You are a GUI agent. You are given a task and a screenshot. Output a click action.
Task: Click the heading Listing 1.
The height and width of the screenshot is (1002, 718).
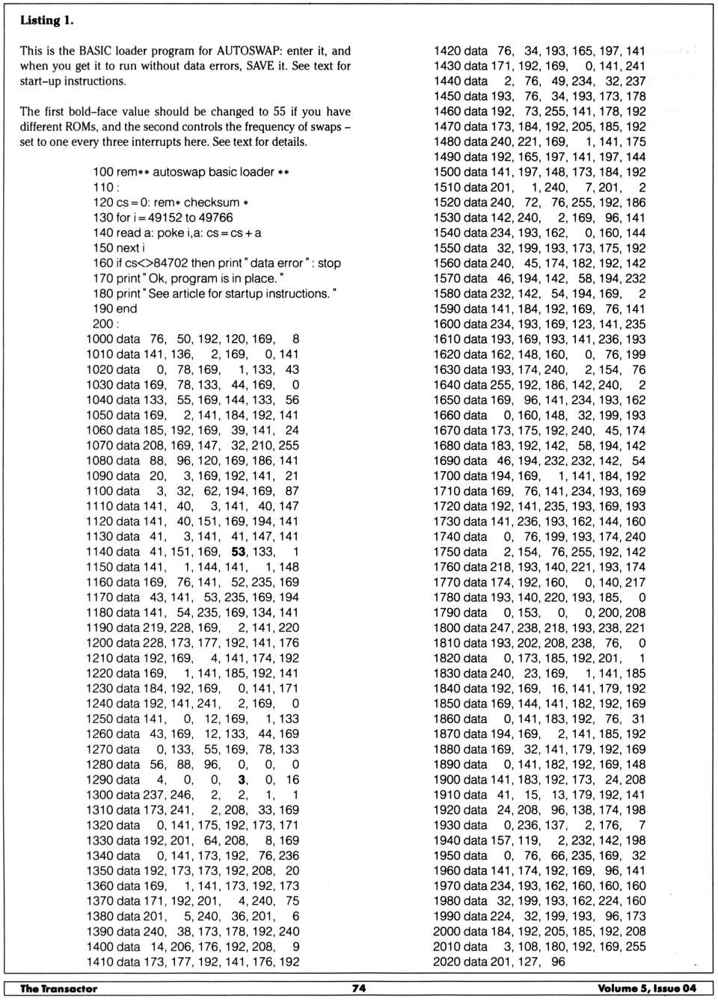(46, 20)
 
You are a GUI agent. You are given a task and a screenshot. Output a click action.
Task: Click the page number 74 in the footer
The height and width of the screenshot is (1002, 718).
(359, 988)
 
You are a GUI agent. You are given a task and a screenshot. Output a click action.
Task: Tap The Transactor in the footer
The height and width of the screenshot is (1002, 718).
(58, 988)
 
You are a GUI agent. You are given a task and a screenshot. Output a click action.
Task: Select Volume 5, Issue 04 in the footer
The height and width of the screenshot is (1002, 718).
(646, 988)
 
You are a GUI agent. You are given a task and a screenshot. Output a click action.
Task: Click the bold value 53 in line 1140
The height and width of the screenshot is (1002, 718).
(239, 551)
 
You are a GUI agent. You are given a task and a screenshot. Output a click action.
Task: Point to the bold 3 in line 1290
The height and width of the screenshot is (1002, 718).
(242, 779)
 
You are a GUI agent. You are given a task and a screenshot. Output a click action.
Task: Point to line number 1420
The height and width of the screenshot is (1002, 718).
(447, 51)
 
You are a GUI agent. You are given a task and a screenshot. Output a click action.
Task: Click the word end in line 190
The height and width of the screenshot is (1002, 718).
(126, 308)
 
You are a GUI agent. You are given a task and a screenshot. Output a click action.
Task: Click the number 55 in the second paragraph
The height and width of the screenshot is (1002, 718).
(279, 111)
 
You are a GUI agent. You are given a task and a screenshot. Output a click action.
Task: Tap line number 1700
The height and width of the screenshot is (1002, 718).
(447, 476)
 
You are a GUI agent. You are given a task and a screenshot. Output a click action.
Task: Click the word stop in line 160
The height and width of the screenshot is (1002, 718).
(329, 263)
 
